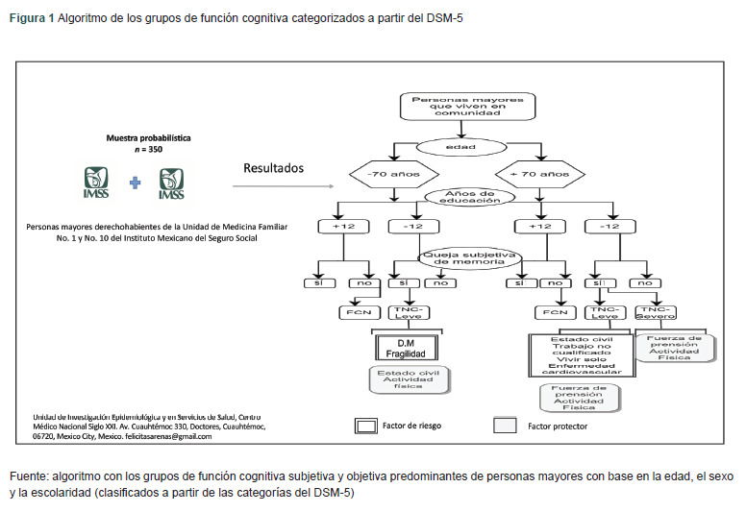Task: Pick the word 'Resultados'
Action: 273,168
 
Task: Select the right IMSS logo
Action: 171,183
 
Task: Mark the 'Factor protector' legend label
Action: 558,425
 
